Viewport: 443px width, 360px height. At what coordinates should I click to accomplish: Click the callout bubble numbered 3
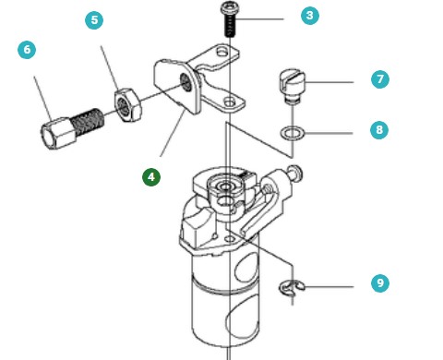309,16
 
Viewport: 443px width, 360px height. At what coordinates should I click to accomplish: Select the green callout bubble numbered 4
150,175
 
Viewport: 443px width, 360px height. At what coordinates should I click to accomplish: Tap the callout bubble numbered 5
95,19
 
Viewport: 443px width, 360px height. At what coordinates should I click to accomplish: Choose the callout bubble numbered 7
379,79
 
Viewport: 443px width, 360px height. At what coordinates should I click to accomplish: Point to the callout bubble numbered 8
379,130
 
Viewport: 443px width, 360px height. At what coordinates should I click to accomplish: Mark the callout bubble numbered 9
379,284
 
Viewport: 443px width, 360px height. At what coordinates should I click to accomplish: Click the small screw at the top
227,18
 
